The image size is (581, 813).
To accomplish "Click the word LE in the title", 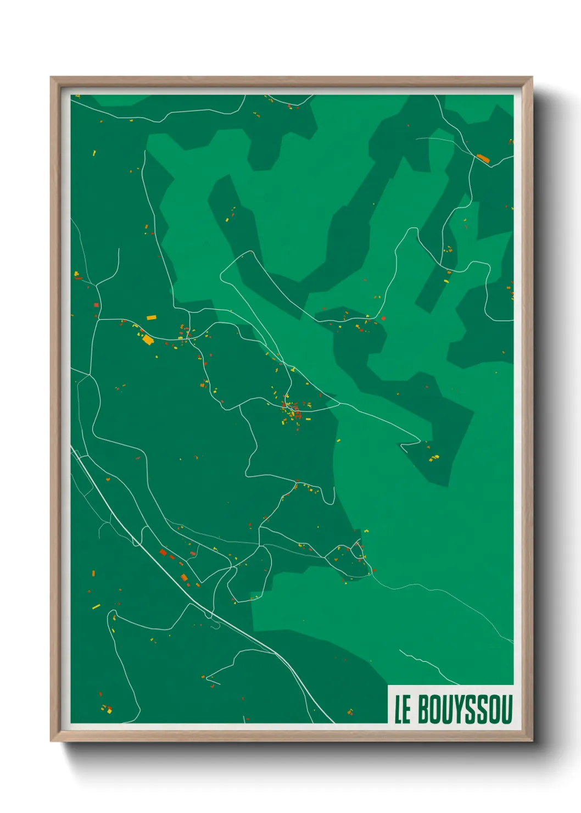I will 403,709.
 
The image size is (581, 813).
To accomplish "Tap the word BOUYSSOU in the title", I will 465,709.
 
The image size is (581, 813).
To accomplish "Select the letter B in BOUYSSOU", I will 424,709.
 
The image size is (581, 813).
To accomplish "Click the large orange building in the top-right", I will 483,158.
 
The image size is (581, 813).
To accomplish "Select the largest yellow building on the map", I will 148,339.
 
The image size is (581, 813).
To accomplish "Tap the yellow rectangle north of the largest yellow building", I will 151,317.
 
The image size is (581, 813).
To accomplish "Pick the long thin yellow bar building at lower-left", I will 96,606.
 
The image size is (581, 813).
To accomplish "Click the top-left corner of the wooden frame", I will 51,77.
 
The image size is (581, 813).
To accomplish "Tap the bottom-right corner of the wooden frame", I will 532,740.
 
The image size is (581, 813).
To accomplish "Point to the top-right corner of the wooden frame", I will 532,77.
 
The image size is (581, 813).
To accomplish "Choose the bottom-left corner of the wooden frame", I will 51,740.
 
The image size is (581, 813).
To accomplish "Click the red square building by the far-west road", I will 96,305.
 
